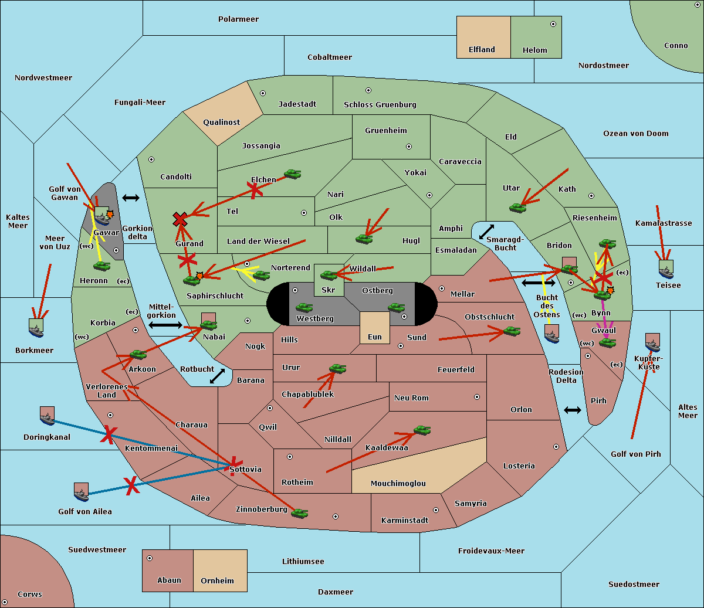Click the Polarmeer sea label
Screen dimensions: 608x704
pyautogui.click(x=238, y=19)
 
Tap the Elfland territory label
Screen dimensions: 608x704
pyautogui.click(x=482, y=50)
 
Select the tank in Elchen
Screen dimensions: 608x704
pyautogui.click(x=292, y=174)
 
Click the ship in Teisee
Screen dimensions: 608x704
pyautogui.click(x=666, y=269)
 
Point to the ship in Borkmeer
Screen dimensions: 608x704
pyautogui.click(x=36, y=328)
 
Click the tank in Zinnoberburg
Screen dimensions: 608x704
pyautogui.click(x=299, y=514)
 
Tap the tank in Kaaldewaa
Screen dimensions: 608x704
pyautogui.click(x=422, y=430)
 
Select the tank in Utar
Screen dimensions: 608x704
pyautogui.click(x=517, y=208)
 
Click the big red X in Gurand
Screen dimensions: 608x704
pyautogui.click(x=180, y=220)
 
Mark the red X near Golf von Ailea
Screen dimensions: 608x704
pyautogui.click(x=131, y=485)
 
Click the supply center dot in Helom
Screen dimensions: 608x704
pyautogui.click(x=553, y=24)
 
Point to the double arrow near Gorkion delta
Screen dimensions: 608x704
pyautogui.click(x=131, y=198)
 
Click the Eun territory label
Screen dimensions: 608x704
pyautogui.click(x=375, y=337)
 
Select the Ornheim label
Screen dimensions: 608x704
pyautogui.click(x=217, y=581)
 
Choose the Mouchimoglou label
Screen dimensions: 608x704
pyautogui.click(x=398, y=484)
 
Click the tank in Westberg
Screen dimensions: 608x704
pyautogui.click(x=304, y=307)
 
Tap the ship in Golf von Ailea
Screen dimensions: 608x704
pyautogui.click(x=82, y=492)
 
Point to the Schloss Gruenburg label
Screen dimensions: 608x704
pyautogui.click(x=380, y=105)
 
